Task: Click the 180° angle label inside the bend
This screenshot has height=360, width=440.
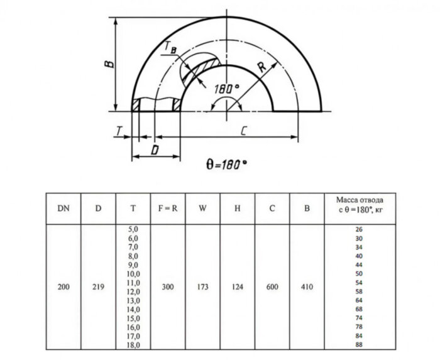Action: [226, 89]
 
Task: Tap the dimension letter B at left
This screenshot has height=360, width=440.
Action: [109, 64]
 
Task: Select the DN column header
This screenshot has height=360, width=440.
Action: [63, 208]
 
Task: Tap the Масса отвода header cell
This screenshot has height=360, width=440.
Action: [359, 208]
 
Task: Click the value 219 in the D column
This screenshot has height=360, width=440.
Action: [98, 287]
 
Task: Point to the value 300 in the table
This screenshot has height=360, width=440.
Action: [168, 287]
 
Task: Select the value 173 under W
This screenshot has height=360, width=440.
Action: [202, 287]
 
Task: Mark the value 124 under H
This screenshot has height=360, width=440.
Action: [238, 287]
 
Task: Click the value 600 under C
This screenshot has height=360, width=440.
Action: [272, 287]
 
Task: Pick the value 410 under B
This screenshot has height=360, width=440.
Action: [307, 287]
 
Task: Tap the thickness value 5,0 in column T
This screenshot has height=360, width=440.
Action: [133, 230]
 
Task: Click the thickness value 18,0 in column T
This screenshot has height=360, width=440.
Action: [133, 345]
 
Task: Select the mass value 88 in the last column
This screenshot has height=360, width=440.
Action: [359, 345]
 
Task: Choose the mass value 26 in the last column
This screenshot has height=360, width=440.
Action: [359, 230]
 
